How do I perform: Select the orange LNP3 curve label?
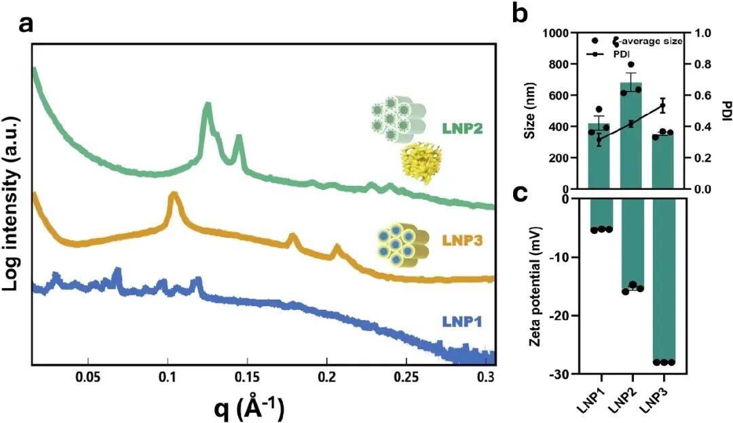[x=462, y=241]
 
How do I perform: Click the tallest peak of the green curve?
[x=207, y=106]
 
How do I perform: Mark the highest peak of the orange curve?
[x=174, y=195]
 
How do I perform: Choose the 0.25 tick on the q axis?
[x=407, y=377]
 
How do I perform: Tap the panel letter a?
[x=26, y=23]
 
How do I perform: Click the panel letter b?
[x=520, y=12]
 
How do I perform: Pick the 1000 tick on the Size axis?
[x=557, y=33]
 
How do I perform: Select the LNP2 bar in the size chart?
[x=631, y=136]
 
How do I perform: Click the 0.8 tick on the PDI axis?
[x=702, y=64]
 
